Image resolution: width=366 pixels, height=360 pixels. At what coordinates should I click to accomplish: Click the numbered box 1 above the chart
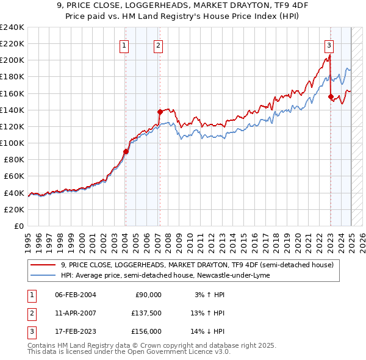124,45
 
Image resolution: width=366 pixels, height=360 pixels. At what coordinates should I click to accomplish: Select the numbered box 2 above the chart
158,45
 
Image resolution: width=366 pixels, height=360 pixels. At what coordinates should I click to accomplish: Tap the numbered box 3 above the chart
329,45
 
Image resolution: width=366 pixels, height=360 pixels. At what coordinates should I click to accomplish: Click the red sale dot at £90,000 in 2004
126,151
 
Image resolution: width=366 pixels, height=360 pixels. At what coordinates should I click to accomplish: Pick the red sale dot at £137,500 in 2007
160,112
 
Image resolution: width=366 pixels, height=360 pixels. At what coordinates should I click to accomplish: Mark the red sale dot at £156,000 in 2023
331,96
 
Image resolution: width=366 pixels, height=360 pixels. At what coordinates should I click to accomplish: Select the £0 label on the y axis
18,226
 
